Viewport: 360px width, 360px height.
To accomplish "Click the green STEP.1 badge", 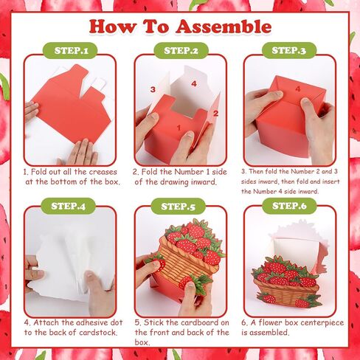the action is pyautogui.click(x=70, y=50).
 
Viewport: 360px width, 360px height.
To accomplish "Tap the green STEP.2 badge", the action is pyautogui.click(x=181, y=50).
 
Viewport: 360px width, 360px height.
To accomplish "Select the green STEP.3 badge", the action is pyautogui.click(x=289, y=50).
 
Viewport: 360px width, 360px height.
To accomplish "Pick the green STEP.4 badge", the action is pyautogui.click(x=68, y=206).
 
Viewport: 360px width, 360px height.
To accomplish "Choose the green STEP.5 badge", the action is pyautogui.click(x=178, y=206).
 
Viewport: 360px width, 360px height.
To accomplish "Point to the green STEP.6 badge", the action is pyautogui.click(x=289, y=206).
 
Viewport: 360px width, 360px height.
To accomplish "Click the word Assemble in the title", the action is pyautogui.click(x=224, y=27).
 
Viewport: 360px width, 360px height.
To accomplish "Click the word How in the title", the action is pyautogui.click(x=112, y=27).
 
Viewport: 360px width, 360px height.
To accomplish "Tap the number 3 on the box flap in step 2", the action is pyautogui.click(x=153, y=89).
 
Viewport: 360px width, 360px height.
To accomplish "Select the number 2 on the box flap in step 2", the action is pyautogui.click(x=215, y=114).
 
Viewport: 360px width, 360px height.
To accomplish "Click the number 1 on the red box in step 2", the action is pyautogui.click(x=179, y=128).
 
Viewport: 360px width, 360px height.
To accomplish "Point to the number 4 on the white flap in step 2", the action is pyautogui.click(x=194, y=84).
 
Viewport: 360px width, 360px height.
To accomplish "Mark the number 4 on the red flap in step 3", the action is pyautogui.click(x=298, y=89).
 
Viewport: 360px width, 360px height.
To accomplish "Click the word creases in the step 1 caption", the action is pyautogui.click(x=103, y=172).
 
